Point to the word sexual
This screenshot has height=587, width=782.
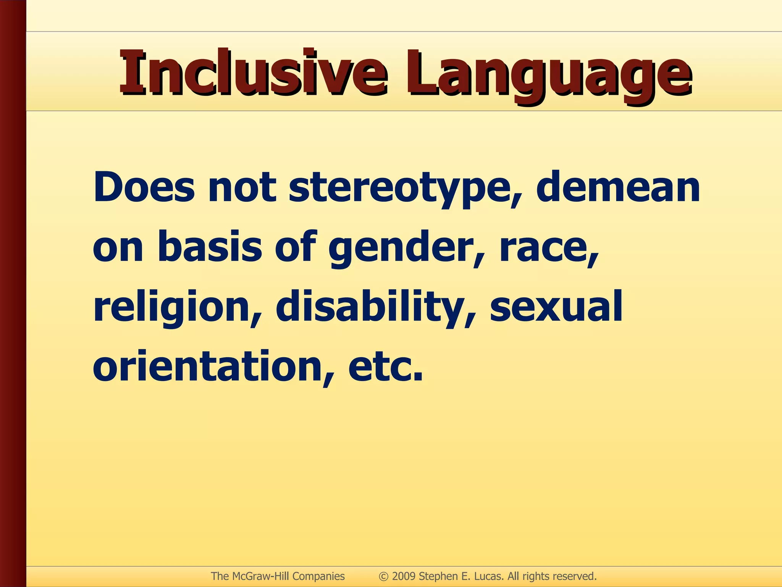tap(556, 306)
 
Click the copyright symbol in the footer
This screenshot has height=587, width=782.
tap(383, 576)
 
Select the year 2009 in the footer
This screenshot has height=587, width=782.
tap(404, 576)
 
